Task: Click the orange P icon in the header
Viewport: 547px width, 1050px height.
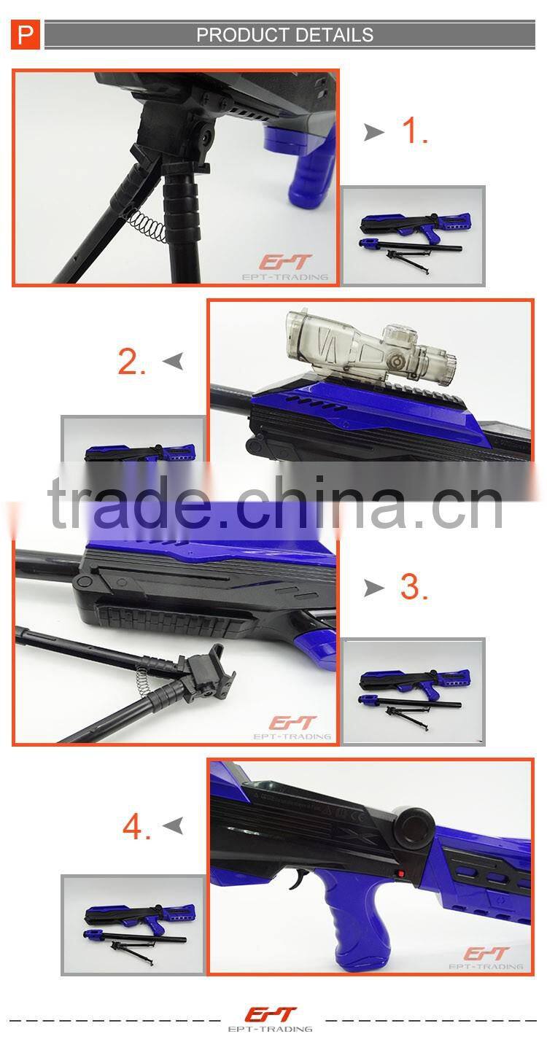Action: click(x=26, y=35)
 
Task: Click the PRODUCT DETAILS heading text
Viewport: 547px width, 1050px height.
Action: click(x=284, y=35)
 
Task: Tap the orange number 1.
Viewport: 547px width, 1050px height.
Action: click(x=415, y=131)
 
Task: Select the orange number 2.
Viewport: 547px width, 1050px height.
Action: click(x=132, y=361)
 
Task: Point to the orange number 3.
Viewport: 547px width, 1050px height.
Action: click(x=414, y=588)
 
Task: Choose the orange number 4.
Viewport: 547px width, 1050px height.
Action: click(x=137, y=826)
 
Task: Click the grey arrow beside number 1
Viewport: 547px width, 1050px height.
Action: click(x=374, y=132)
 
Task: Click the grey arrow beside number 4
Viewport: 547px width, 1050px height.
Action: click(x=173, y=825)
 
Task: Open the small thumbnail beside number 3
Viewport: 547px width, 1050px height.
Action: click(x=414, y=691)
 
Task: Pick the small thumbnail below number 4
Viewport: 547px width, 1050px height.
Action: click(x=133, y=925)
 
